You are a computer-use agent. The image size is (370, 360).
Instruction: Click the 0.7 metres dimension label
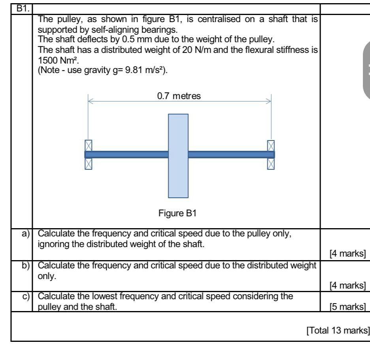coord(179,96)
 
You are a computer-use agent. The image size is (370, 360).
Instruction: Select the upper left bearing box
coord(88,145)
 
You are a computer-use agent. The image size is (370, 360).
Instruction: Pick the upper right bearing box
coord(271,145)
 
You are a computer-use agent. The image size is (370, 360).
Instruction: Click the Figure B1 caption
coord(177,214)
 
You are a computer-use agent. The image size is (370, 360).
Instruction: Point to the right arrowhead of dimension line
coord(270,101)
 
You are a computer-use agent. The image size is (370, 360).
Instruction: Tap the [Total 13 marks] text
coord(338,330)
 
